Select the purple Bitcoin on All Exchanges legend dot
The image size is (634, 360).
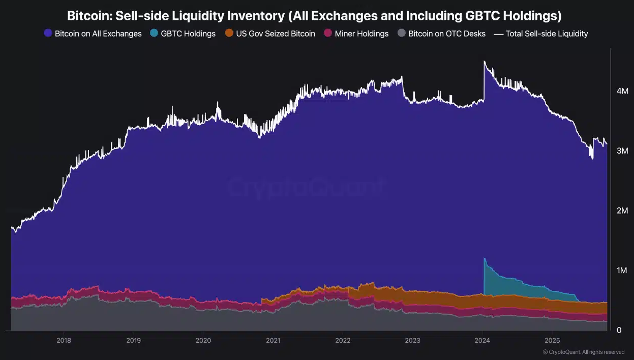pos(48,34)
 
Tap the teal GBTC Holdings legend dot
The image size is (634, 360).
pos(154,34)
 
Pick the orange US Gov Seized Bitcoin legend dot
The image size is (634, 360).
pos(229,34)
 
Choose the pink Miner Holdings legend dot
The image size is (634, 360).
pos(328,34)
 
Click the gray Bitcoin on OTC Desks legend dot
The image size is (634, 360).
pos(402,34)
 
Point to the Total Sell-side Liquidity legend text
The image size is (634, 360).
pos(547,34)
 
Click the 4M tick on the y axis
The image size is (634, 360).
pos(622,91)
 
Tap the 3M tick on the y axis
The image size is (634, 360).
pos(622,151)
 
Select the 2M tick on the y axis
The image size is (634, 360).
pos(622,211)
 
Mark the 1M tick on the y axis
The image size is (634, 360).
pos(622,271)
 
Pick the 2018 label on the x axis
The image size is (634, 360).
pos(64,340)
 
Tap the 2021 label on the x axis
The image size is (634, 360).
pos(273,340)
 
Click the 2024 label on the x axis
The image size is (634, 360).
pos(482,340)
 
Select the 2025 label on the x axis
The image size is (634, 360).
pos(552,340)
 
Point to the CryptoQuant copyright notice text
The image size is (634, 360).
pos(584,352)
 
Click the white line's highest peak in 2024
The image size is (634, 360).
pos(484,62)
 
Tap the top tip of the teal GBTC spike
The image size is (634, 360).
pos(485,258)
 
